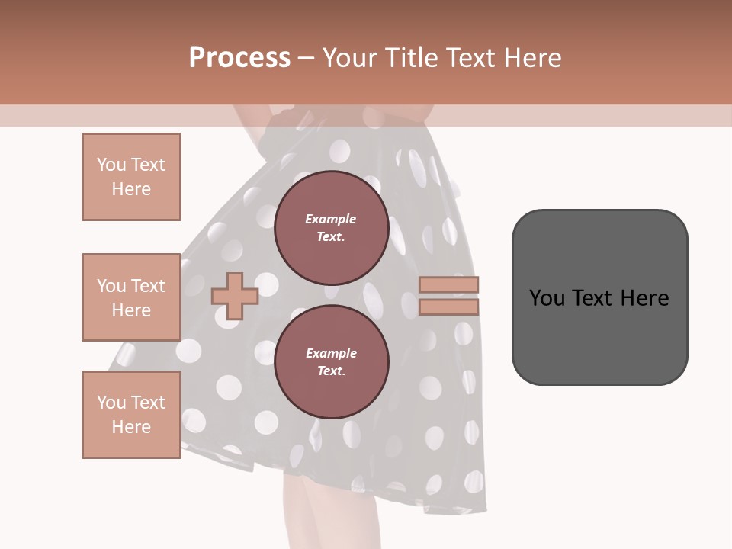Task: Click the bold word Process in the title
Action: [x=239, y=58]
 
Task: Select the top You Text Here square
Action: [x=131, y=177]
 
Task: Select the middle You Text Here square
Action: [x=131, y=297]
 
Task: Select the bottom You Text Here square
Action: [x=131, y=415]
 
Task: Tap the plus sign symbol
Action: [x=235, y=296]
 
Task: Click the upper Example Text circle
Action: [x=331, y=228]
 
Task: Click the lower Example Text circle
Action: [x=331, y=362]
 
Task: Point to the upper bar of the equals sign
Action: [x=448, y=285]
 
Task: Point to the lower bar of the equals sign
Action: [x=448, y=307]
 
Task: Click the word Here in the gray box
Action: [x=644, y=297]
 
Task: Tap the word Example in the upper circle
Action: [x=331, y=219]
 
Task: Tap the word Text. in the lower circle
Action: [x=331, y=371]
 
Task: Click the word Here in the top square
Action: [x=131, y=189]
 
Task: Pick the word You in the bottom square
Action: [x=111, y=402]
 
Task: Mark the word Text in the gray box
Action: [x=592, y=297]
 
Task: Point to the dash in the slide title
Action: [x=307, y=58]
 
